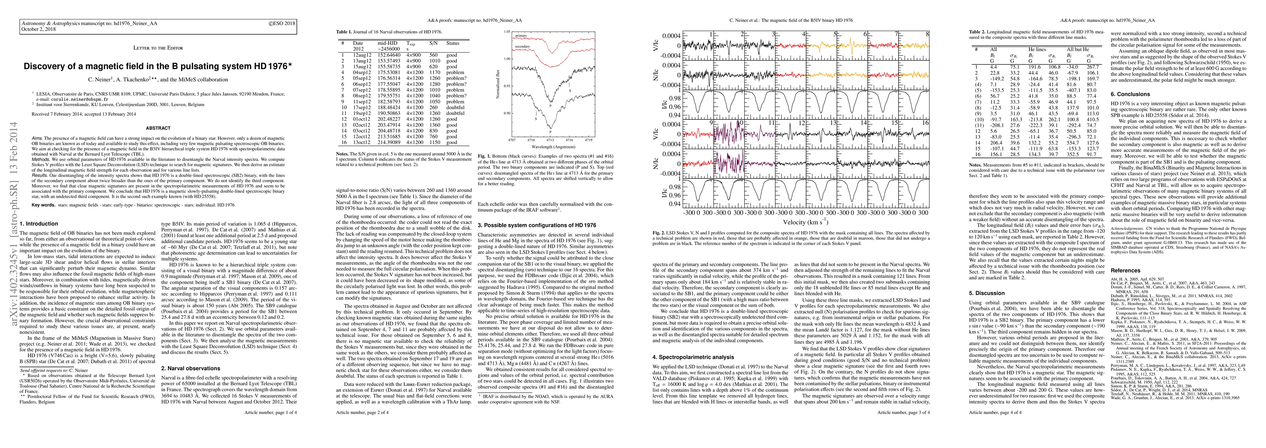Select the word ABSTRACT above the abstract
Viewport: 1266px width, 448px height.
pyautogui.click(x=158, y=128)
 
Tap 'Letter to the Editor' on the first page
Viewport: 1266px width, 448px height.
pyautogui.click(x=158, y=48)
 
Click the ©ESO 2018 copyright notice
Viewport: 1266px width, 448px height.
pyautogui.click(x=282, y=23)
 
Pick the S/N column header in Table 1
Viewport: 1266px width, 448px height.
pyautogui.click(x=433, y=43)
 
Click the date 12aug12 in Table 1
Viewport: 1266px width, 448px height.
pyautogui.click(x=362, y=55)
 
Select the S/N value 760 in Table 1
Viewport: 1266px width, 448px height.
pyautogui.click(x=433, y=137)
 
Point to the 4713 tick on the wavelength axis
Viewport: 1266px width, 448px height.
pyautogui.click(x=549, y=140)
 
